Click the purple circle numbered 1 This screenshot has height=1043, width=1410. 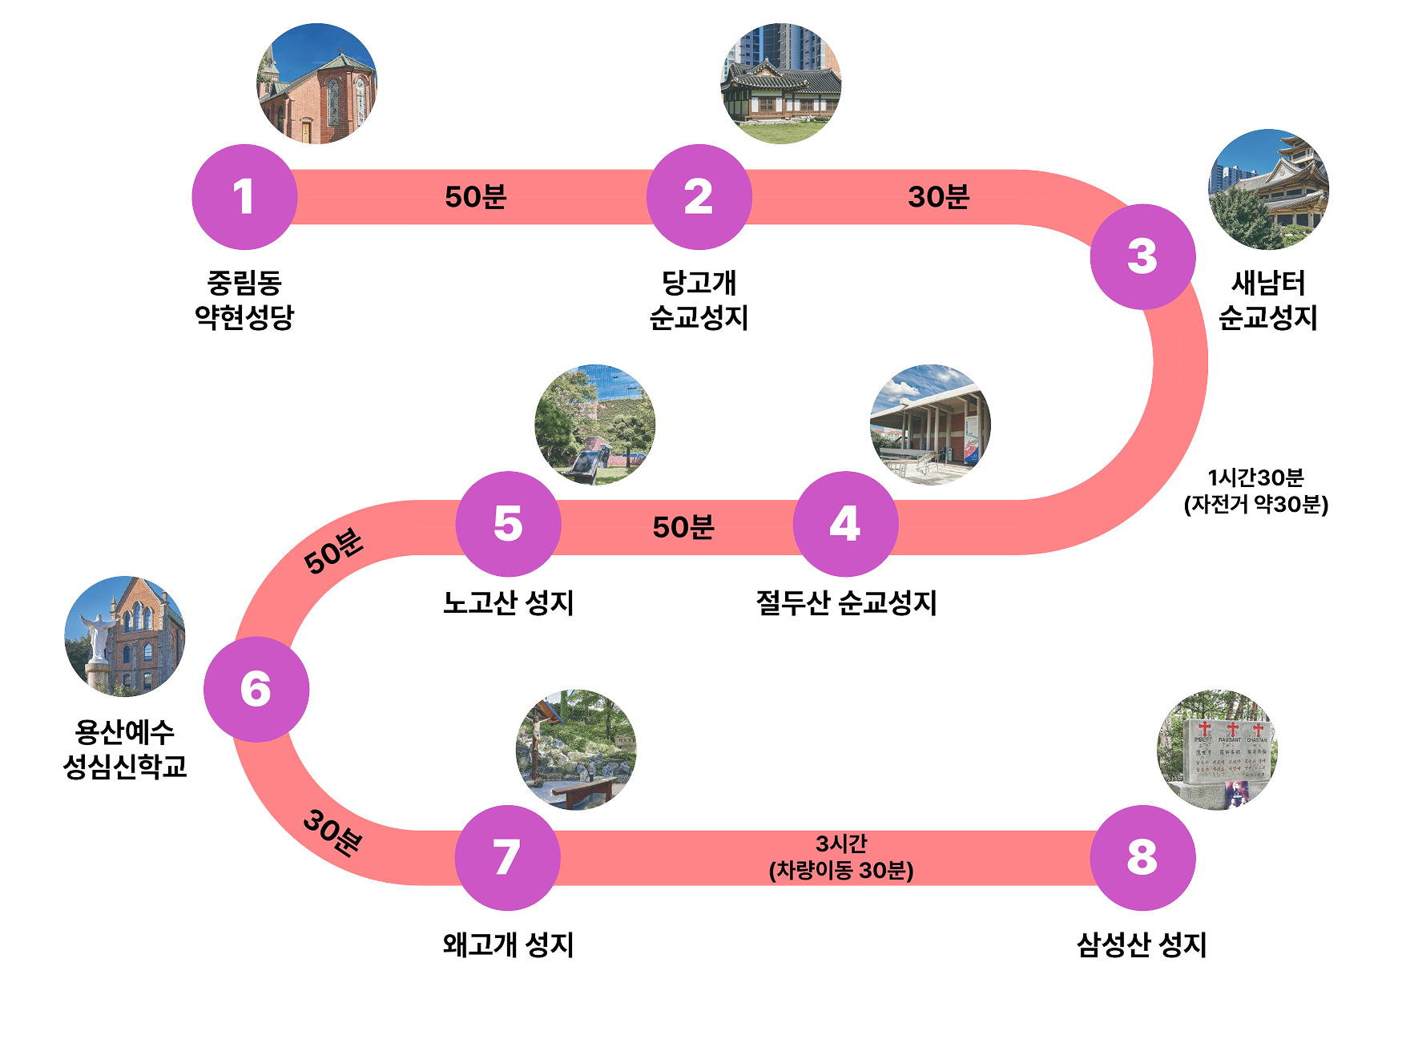[244, 197]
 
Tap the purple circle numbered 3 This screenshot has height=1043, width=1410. [1142, 256]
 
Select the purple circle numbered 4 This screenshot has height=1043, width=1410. [845, 524]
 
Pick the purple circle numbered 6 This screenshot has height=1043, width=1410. [256, 689]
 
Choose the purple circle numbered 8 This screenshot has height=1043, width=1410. [1142, 857]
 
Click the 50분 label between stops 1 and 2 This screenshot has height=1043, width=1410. [475, 197]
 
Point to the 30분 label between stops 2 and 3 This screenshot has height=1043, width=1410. [938, 197]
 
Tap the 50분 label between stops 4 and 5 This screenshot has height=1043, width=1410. [683, 527]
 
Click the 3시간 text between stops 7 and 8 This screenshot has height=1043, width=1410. [841, 844]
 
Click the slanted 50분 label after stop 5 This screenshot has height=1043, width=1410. [333, 551]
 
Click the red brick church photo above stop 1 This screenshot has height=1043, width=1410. [316, 84]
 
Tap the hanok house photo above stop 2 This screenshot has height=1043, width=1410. [781, 84]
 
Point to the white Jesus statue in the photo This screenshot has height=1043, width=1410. [98, 636]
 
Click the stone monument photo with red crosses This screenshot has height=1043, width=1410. [1218, 750]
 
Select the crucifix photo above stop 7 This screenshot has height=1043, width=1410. [575, 750]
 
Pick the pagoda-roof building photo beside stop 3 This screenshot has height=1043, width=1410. [1268, 190]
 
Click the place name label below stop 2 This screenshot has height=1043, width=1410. [699, 300]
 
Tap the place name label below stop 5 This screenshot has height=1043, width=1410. [509, 602]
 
